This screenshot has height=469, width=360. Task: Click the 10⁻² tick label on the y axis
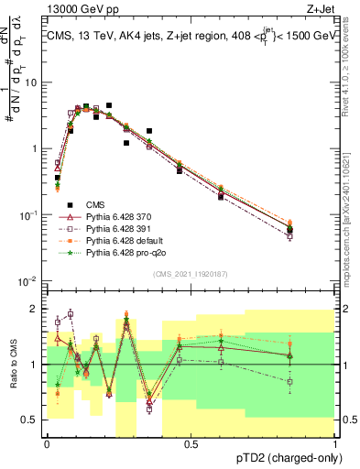(29, 281)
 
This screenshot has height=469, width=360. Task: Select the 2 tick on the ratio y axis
(37, 309)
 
